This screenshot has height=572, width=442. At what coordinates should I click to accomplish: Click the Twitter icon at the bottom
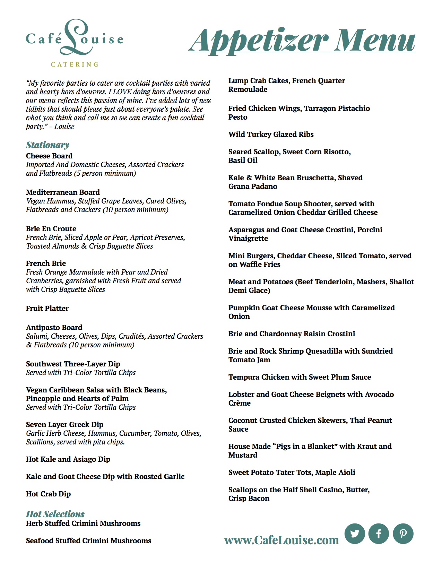click(x=355, y=533)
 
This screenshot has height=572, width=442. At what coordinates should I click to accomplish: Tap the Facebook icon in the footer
click(x=379, y=533)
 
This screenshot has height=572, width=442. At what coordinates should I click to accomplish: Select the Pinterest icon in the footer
click(x=403, y=533)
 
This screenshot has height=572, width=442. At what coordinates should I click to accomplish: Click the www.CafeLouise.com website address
click(x=281, y=540)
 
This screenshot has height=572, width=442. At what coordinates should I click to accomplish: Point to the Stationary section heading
click(x=47, y=145)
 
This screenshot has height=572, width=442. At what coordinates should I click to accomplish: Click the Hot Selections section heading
click(x=55, y=514)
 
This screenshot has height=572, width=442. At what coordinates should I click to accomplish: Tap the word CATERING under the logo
click(x=75, y=64)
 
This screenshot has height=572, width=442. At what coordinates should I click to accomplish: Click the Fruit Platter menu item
click(x=47, y=309)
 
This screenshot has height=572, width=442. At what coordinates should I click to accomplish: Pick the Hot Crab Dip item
click(x=48, y=494)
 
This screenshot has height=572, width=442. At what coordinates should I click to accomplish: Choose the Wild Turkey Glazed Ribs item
click(x=271, y=135)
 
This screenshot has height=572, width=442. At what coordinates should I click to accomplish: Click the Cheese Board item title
click(x=49, y=156)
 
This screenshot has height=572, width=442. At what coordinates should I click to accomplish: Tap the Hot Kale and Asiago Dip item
click(x=68, y=459)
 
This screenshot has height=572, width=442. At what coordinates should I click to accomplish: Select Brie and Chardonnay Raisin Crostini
click(x=292, y=334)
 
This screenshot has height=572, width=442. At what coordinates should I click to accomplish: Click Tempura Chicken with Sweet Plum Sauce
click(x=300, y=377)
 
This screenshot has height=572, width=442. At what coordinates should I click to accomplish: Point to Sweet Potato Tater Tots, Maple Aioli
click(x=292, y=473)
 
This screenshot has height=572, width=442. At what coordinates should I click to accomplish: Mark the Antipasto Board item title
click(x=54, y=328)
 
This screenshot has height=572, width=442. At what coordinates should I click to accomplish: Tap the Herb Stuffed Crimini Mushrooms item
click(x=83, y=523)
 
